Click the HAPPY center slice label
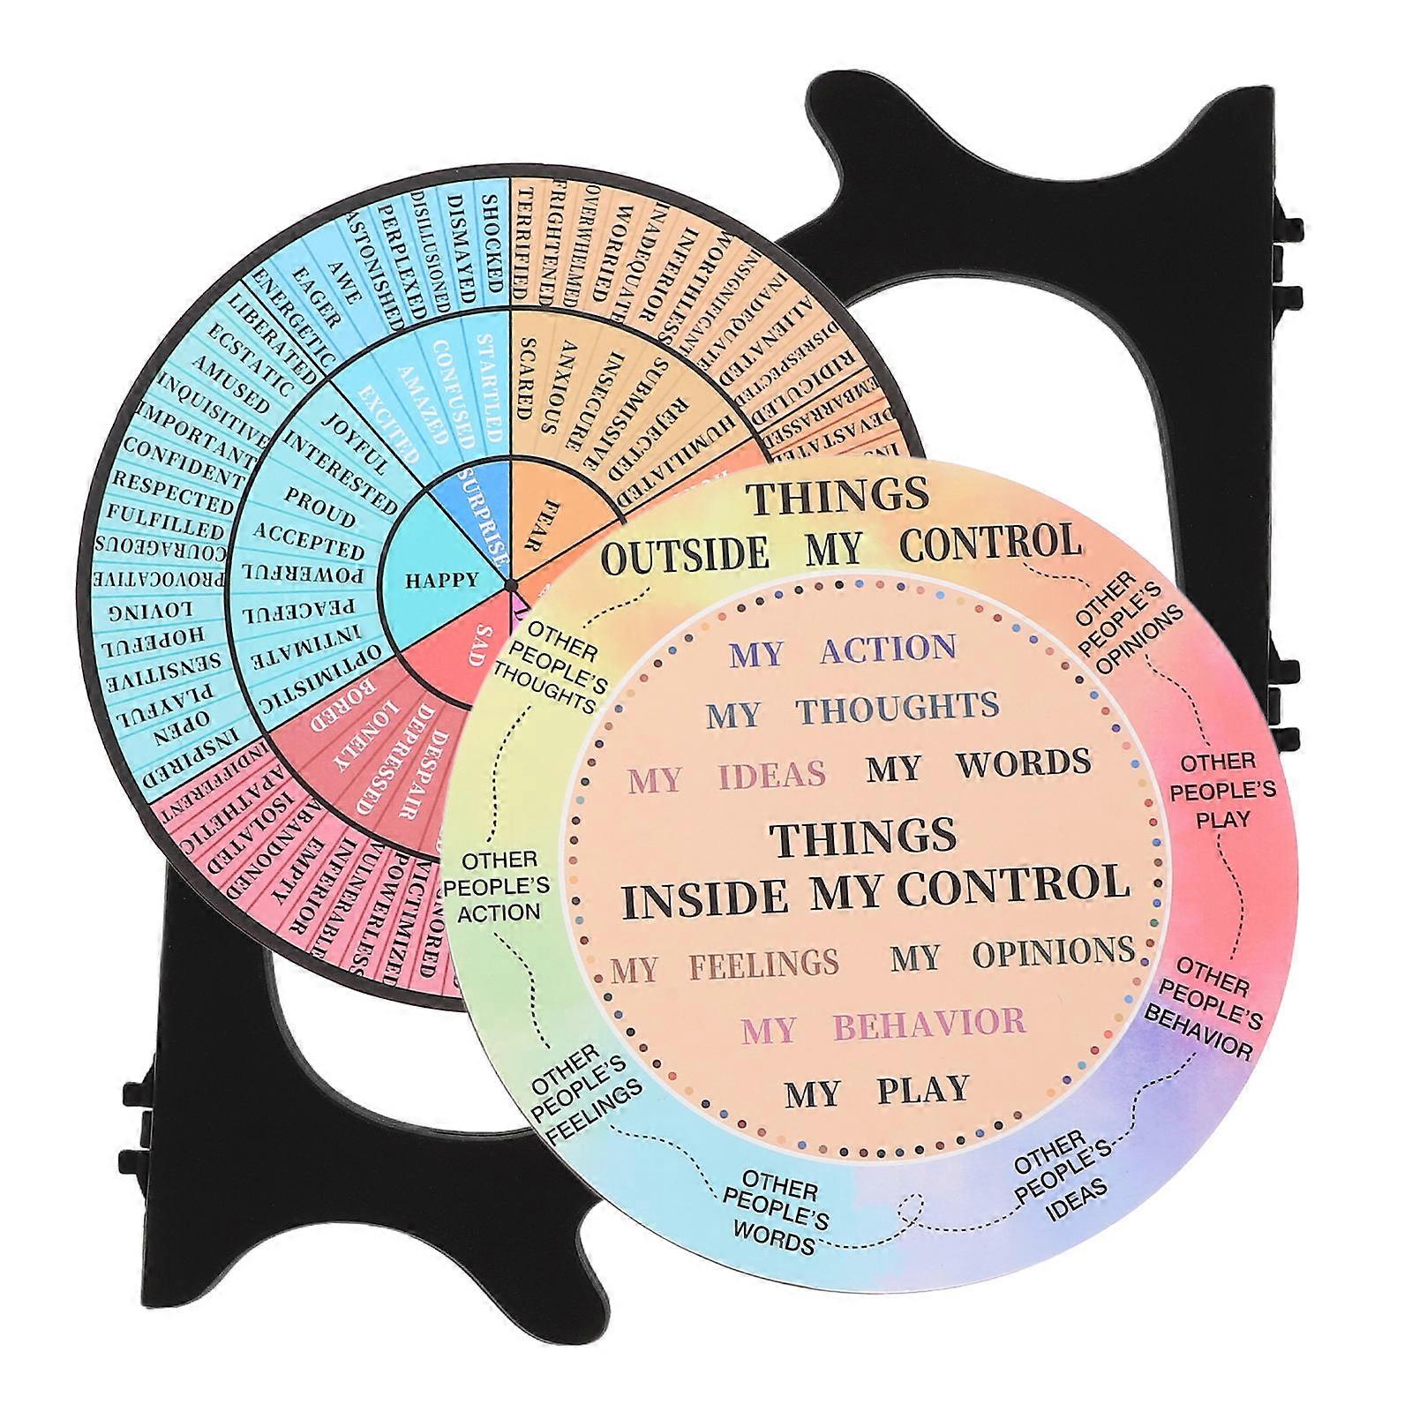tap(441, 580)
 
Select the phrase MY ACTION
tap(843, 650)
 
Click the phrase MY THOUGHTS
tap(852, 709)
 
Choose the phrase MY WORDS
tap(978, 765)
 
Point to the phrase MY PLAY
tap(877, 1092)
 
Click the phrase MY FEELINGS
tap(725, 965)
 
